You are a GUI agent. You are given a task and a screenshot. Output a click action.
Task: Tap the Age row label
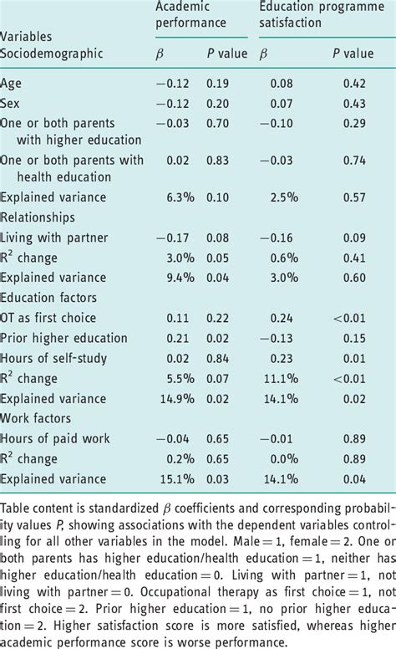pos(12,84)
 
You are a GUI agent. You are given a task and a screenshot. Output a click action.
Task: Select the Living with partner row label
pos(53,237)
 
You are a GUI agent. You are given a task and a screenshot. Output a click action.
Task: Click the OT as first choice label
pos(48,318)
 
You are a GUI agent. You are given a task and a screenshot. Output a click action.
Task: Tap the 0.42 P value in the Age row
pos(358,84)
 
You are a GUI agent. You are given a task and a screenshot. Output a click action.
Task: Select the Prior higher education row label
pos(64,338)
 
